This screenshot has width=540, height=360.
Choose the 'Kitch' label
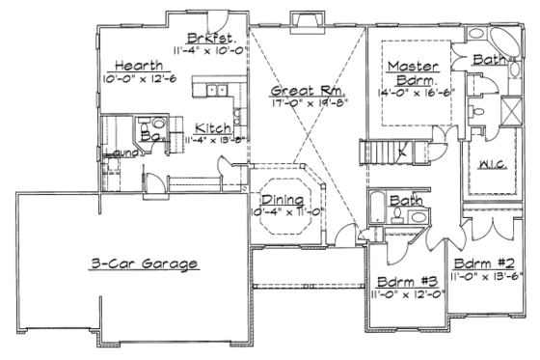coord(212,127)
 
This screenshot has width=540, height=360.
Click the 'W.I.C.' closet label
coord(494,165)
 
